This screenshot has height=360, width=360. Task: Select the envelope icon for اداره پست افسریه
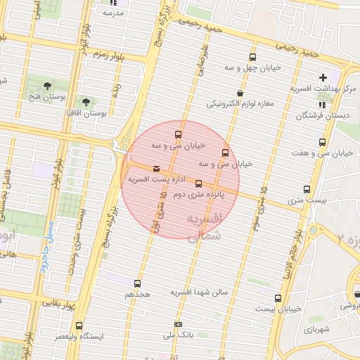[155, 169]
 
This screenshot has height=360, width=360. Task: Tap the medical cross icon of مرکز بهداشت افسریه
[323, 77]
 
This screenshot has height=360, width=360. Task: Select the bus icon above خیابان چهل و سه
[252, 58]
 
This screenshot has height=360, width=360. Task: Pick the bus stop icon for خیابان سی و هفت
[322, 142]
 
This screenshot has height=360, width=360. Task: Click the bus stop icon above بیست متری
[307, 189]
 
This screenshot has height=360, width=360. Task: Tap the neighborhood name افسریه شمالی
[205, 228]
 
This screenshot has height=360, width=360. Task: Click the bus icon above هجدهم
[138, 283]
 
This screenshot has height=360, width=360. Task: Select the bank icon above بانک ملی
[178, 324]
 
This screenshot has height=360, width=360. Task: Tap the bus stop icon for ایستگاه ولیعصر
[78, 326]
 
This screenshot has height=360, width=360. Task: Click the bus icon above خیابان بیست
[278, 298]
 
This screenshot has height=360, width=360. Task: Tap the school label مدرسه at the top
[113, 13]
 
